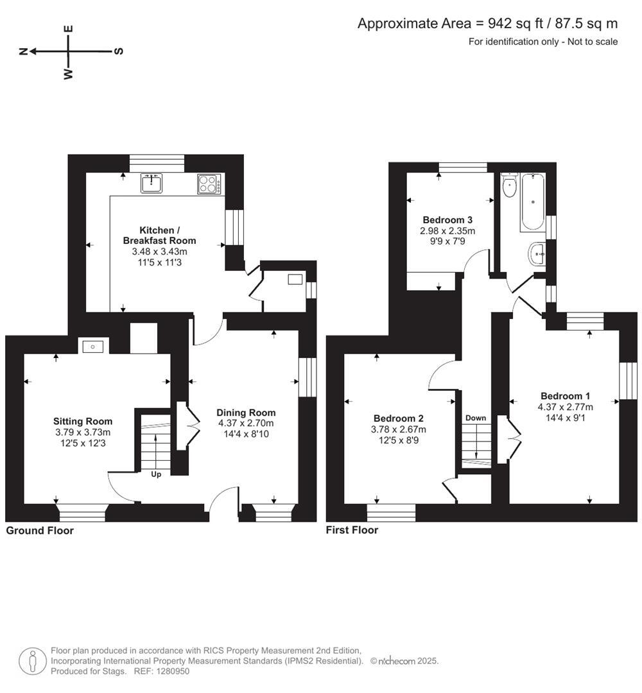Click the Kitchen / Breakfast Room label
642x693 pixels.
pyautogui.click(x=159, y=235)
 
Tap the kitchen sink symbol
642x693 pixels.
pyautogui.click(x=152, y=184)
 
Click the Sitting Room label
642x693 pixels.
pyautogui.click(x=82, y=422)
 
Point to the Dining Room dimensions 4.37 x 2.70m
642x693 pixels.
pyautogui.click(x=246, y=423)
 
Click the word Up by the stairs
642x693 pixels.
pyautogui.click(x=155, y=475)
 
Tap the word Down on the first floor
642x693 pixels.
pyautogui.click(x=476, y=418)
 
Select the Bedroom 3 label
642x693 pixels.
pyautogui.click(x=447, y=219)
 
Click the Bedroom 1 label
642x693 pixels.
pyautogui.click(x=565, y=396)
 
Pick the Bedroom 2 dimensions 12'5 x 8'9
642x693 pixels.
pyautogui.click(x=398, y=440)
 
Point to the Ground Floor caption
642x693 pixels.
pyautogui.click(x=40, y=531)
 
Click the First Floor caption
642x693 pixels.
pyautogui.click(x=352, y=530)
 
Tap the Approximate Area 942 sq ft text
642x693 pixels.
pyautogui.click(x=487, y=24)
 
